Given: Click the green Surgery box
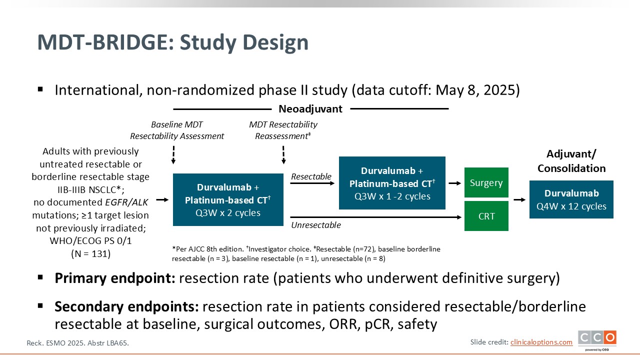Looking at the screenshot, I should [x=486, y=182].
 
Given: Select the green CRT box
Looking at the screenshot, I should [x=486, y=216].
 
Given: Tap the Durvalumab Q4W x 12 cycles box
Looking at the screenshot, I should [x=571, y=199].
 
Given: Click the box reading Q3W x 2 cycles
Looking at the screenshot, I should [x=228, y=199].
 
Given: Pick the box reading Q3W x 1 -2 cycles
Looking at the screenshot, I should [x=392, y=183].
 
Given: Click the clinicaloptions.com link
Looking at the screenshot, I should [x=541, y=342].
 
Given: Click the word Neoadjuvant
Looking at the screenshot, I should [x=310, y=108].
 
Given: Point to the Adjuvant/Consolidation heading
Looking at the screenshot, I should [x=571, y=161].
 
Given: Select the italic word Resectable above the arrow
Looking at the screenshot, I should [x=311, y=176].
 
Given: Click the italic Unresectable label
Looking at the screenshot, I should [x=316, y=225].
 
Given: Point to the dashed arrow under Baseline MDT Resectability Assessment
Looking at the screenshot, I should [x=173, y=155].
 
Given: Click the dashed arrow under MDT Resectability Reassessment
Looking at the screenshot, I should [x=283, y=155].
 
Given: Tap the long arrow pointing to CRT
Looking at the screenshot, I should [x=375, y=217].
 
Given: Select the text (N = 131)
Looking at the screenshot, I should [x=90, y=253].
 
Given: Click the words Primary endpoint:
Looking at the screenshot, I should [x=114, y=278].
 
